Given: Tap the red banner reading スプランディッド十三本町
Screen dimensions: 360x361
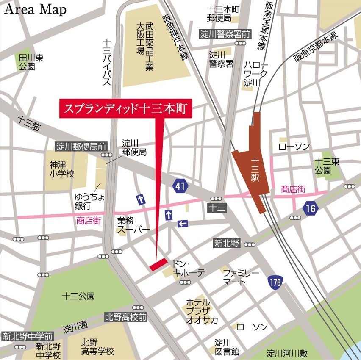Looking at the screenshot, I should coord(126,109).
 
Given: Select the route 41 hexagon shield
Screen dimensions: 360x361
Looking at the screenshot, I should coord(180,185).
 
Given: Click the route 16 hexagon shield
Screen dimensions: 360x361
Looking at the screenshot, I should coord(311,208).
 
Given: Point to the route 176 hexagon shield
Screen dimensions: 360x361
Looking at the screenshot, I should coord(275,282).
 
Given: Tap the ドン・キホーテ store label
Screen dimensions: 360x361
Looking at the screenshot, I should coord(186,268).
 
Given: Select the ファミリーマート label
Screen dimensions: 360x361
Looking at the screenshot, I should coord(241,277).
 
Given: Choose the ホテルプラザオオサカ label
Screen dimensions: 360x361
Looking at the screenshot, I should coord(202,311).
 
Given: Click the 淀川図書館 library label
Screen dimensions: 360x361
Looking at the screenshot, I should coord(227,347).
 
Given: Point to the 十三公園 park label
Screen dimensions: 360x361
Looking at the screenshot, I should coord(78,296).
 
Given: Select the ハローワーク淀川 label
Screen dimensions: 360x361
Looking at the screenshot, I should coord(256,73).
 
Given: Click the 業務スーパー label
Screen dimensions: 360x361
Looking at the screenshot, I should coord(133,225).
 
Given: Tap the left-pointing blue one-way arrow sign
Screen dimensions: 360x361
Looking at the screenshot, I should coord(183,223).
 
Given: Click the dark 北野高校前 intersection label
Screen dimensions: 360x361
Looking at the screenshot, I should coord(126,317).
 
